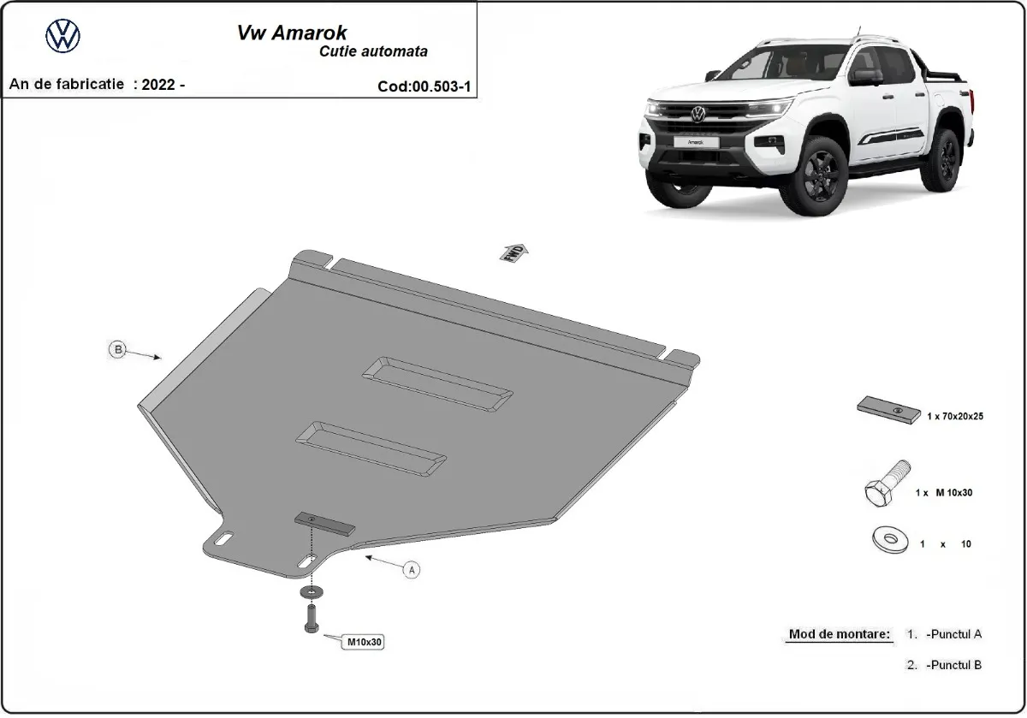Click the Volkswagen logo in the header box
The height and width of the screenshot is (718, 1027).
tap(62, 36)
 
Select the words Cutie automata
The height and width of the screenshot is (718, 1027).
tap(375, 51)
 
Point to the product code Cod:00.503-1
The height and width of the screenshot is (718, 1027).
tap(424, 86)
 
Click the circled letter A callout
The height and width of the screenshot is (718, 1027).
tap(411, 570)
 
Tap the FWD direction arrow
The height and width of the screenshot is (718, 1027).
tap(515, 252)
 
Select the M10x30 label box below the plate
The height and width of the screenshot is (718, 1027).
tap(364, 640)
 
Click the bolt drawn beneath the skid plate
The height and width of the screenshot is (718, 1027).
tap(311, 618)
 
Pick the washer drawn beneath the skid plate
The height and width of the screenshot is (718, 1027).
tap(310, 591)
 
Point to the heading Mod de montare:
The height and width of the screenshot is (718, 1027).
tap(839, 635)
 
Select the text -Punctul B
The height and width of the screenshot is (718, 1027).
tap(952, 664)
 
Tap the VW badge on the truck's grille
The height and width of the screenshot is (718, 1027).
tap(699, 112)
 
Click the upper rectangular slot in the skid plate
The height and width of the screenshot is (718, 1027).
tap(438, 383)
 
